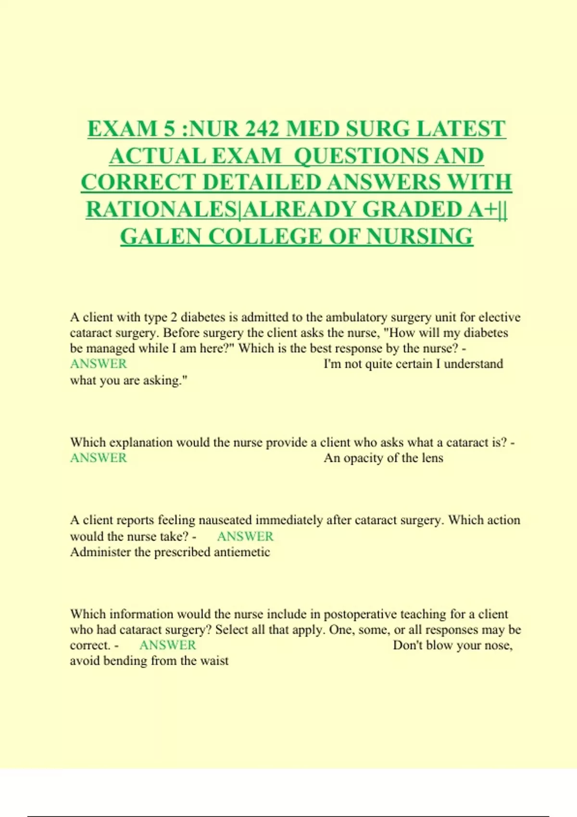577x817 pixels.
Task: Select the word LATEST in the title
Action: (x=461, y=129)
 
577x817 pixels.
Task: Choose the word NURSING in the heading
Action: (x=420, y=236)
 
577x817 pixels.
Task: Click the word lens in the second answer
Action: (x=432, y=458)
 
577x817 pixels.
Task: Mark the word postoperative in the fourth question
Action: (x=360, y=614)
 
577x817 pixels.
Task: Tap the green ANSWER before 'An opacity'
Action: (x=99, y=458)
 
